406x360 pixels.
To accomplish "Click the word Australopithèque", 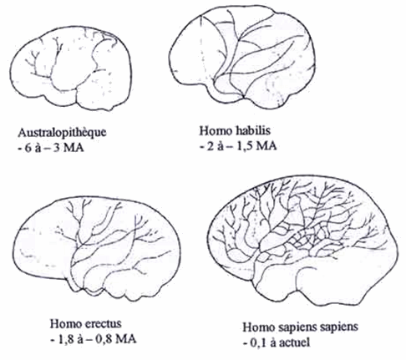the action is pyautogui.click(x=62, y=133).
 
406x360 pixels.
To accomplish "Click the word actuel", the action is pyautogui.click(x=294, y=342).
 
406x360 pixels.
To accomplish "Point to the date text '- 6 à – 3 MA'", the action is pyautogui.click(x=50, y=148).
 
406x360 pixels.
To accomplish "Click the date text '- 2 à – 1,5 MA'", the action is pyautogui.click(x=238, y=146).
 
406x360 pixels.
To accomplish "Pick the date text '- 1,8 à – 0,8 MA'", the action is pyautogui.click(x=93, y=339).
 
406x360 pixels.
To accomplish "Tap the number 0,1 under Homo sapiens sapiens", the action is pyautogui.click(x=259, y=342).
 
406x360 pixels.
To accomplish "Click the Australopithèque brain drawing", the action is pyautogui.click(x=71, y=68).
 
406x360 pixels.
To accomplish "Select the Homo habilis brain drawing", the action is pyautogui.click(x=241, y=57).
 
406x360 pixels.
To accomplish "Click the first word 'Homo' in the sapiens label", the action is pyautogui.click(x=258, y=327).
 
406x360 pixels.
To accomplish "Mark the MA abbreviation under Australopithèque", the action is pyautogui.click(x=74, y=148).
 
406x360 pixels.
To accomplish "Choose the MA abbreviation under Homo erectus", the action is pyautogui.click(x=126, y=339).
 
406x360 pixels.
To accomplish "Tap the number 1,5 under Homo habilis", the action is pyautogui.click(x=245, y=146).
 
